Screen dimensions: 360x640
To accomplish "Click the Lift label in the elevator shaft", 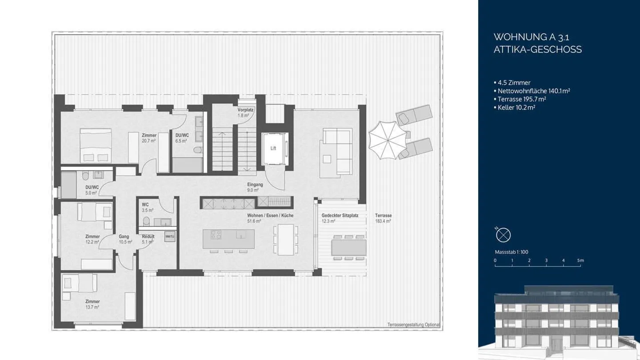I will (x=273, y=148).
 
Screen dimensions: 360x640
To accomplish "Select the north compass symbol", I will (x=504, y=235).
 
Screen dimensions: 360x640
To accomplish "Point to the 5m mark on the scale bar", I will (x=580, y=261).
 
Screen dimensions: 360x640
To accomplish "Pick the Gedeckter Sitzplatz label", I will (x=340, y=218).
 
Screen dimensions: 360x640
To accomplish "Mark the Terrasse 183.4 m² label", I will (x=383, y=218).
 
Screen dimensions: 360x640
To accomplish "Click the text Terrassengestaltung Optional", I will (x=413, y=325).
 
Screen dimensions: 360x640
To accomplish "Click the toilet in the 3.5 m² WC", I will (x=145, y=221).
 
